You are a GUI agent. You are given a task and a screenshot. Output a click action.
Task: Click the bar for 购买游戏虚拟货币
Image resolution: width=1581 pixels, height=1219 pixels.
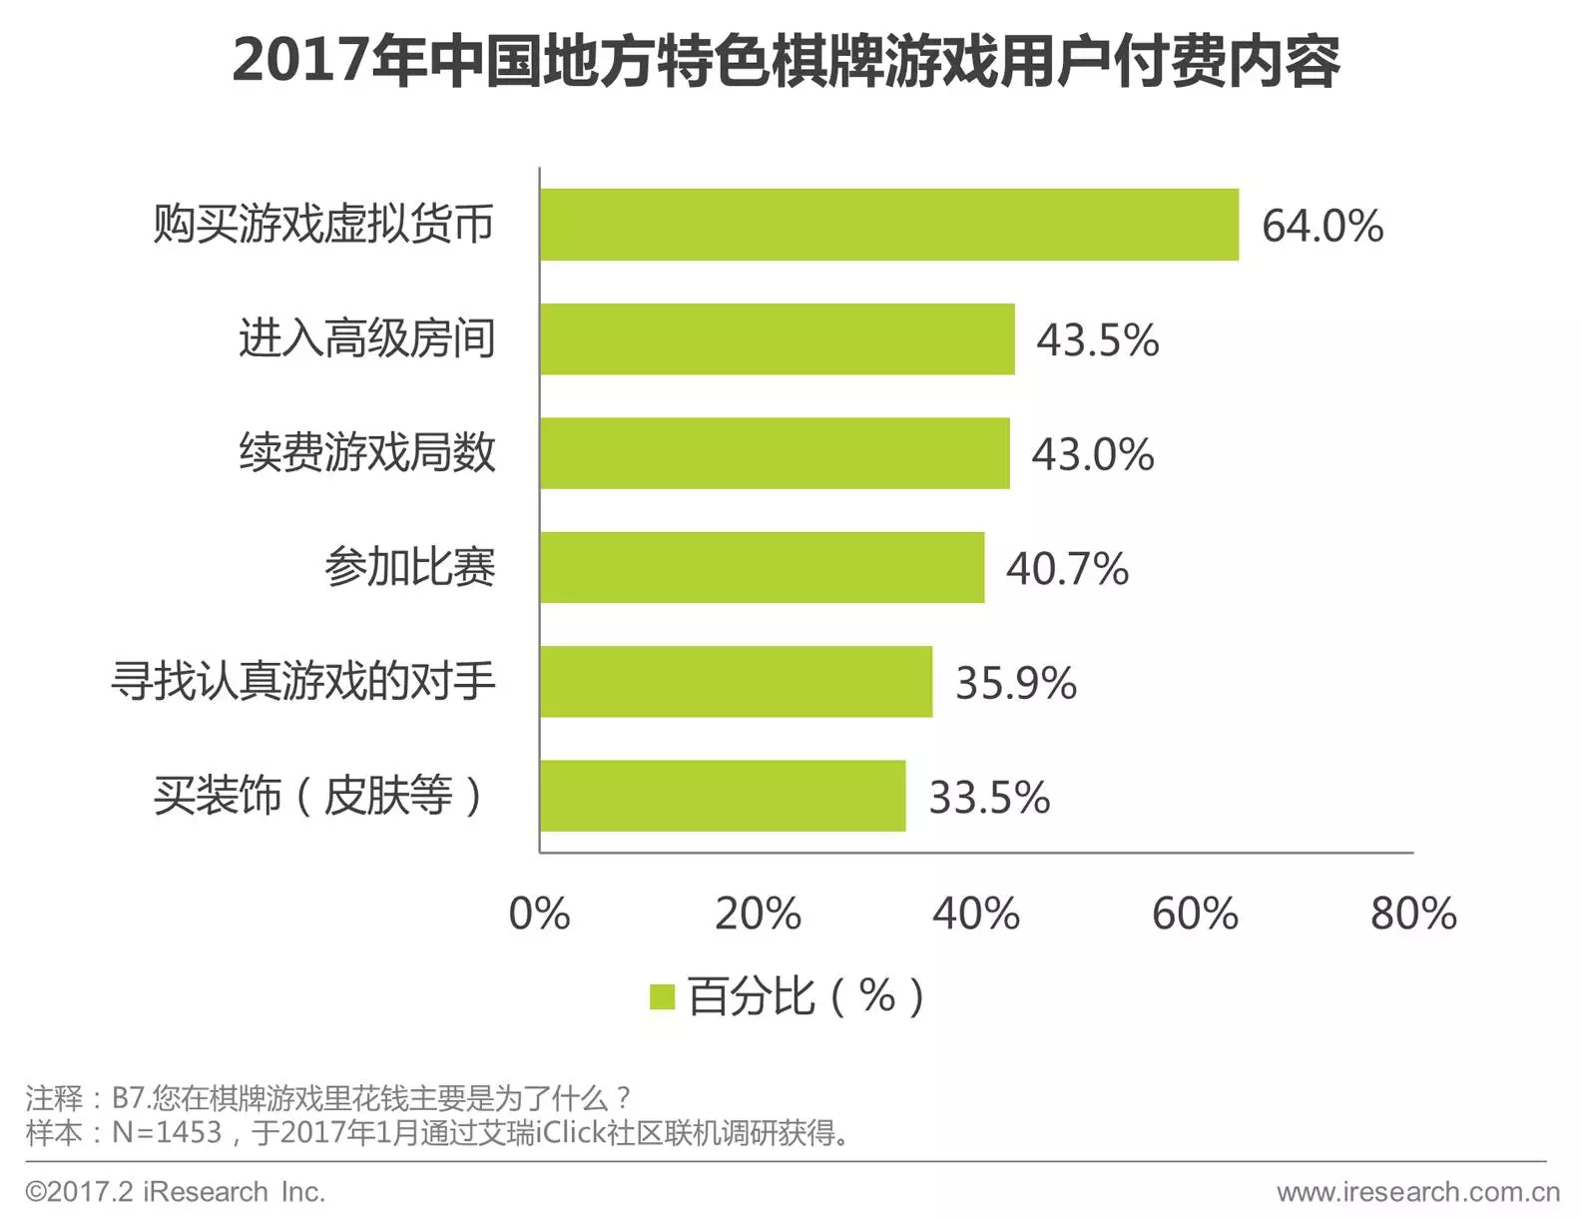(x=888, y=225)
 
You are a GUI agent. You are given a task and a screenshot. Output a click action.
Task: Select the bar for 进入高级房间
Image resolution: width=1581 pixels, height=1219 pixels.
(x=777, y=339)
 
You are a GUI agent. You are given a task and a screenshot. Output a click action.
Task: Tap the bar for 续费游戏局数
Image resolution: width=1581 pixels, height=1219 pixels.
(x=774, y=453)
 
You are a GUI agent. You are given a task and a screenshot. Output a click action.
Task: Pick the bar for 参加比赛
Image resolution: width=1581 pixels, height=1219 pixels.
(x=762, y=567)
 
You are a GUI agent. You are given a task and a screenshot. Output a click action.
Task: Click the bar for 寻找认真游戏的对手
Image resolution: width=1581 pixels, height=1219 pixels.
(x=736, y=682)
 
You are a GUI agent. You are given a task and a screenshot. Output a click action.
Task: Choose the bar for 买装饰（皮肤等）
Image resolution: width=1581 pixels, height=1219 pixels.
(x=723, y=796)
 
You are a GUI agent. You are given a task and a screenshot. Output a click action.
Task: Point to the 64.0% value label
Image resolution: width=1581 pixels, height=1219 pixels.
(x=1322, y=226)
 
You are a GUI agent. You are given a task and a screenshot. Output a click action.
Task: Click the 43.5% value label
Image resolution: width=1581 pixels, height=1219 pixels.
(x=1098, y=340)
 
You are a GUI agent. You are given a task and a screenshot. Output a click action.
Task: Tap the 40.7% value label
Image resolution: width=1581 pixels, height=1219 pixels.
(x=1067, y=569)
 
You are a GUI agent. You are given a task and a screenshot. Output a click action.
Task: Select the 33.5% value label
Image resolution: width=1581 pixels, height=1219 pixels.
(x=989, y=798)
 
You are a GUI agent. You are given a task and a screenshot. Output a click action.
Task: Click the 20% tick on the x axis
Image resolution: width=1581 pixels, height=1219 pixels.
(x=758, y=914)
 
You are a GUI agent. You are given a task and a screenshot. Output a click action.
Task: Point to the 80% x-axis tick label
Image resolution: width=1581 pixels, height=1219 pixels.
(x=1413, y=914)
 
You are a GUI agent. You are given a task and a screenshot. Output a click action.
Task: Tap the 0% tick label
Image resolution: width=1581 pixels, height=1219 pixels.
(x=539, y=914)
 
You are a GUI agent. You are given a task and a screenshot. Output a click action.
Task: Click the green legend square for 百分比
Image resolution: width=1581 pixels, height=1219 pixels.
(x=662, y=996)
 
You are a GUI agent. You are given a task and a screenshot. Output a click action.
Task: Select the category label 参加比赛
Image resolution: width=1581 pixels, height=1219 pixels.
(x=409, y=567)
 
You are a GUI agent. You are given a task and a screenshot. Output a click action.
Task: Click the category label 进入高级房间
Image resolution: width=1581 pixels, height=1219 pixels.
(x=366, y=338)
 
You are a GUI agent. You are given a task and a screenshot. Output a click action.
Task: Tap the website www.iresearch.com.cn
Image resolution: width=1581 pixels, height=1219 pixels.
(x=1417, y=1192)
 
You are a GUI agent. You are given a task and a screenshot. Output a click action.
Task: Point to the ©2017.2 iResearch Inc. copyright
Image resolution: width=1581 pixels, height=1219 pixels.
(x=176, y=1192)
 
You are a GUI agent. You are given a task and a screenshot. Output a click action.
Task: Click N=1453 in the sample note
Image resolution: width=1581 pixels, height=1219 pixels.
(x=167, y=1132)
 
